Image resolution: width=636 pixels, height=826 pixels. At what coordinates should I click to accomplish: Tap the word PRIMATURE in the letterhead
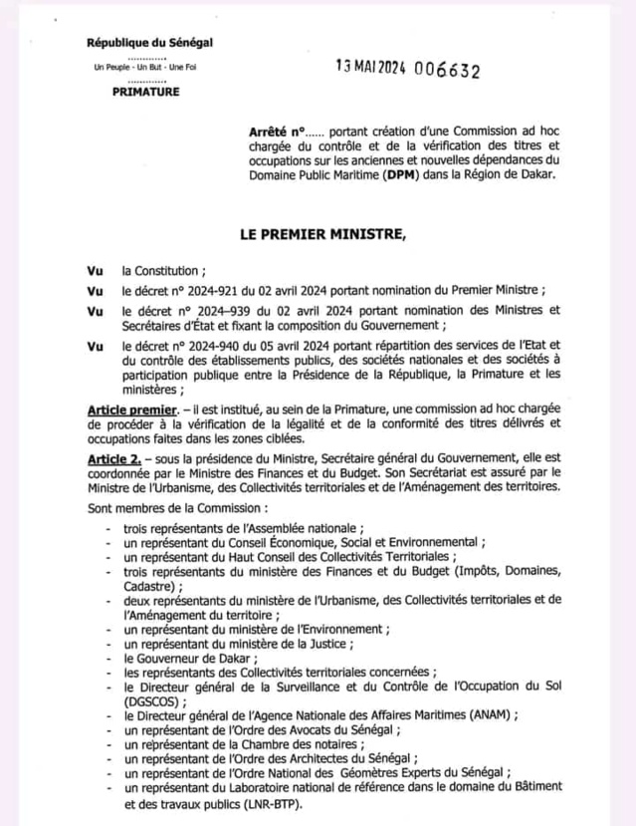coord(146,92)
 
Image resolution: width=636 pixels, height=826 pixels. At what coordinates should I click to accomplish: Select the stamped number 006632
coord(447,71)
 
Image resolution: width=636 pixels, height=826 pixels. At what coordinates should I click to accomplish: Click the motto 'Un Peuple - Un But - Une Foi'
coord(145,67)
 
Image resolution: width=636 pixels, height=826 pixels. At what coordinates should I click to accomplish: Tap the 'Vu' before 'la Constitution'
coord(96,270)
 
